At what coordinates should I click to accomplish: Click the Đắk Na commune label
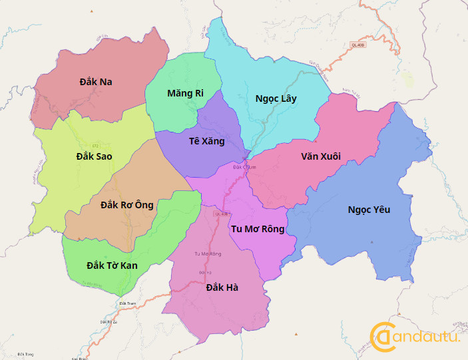(x=95, y=82)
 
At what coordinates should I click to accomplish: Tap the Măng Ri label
(x=185, y=93)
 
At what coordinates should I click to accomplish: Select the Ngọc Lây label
(x=276, y=98)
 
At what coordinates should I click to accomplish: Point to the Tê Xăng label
(x=206, y=141)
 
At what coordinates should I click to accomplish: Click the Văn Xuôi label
(x=320, y=156)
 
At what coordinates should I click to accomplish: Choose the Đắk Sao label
(x=94, y=156)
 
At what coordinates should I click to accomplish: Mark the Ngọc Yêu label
(x=369, y=210)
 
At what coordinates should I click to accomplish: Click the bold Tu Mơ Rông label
(x=257, y=229)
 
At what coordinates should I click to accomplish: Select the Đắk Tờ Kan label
(x=112, y=266)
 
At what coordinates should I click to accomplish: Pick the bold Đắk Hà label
(x=222, y=287)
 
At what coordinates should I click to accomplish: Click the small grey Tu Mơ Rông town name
(x=207, y=254)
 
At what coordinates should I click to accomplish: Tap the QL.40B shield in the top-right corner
(x=358, y=45)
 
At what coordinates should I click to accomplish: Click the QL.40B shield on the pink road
(x=221, y=214)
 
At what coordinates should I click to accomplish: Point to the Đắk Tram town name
(x=126, y=303)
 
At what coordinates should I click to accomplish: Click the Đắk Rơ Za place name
(x=108, y=322)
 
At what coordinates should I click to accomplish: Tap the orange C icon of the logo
(x=381, y=337)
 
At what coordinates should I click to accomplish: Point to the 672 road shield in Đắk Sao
(x=96, y=145)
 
